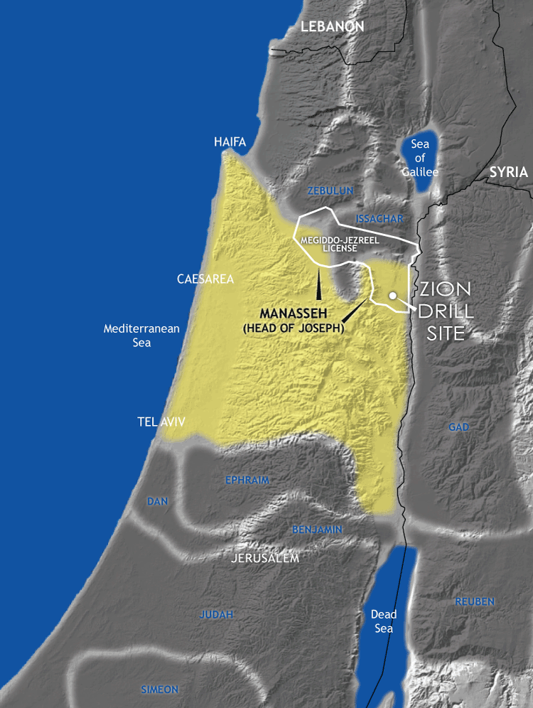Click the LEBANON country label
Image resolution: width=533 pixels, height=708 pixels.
click(332, 26)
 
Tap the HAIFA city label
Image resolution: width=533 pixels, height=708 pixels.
click(230, 142)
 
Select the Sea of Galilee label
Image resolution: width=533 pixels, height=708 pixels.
click(419, 158)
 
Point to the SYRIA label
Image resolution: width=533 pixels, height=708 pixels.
click(509, 172)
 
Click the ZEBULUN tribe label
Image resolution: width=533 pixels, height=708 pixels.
click(330, 191)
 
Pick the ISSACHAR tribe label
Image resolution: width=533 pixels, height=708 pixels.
click(378, 218)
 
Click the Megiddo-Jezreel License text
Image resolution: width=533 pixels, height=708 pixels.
click(339, 244)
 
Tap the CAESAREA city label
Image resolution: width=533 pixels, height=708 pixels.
click(205, 279)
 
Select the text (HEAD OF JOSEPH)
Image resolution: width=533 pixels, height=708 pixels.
click(293, 328)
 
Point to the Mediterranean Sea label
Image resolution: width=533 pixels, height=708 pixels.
click(141, 336)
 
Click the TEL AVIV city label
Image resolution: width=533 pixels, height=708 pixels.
click(161, 422)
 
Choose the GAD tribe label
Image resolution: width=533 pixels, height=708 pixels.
click(459, 427)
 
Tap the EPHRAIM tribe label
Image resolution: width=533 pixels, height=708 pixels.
click(247, 480)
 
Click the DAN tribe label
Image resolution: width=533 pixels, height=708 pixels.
click(157, 501)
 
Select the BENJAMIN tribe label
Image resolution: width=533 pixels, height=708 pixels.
click(318, 530)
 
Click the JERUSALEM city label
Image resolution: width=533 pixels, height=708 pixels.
click(265, 559)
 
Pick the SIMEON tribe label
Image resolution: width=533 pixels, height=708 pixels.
click(159, 690)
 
